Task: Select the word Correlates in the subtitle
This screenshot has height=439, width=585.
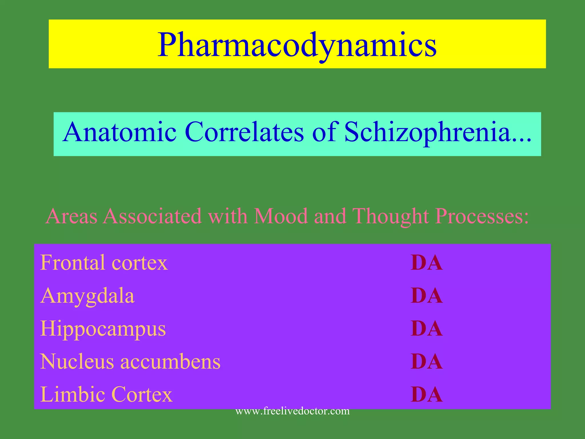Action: tap(245, 132)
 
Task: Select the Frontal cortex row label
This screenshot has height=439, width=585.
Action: tap(104, 262)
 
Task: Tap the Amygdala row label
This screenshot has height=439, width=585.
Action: tap(87, 296)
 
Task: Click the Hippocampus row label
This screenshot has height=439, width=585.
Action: tap(103, 329)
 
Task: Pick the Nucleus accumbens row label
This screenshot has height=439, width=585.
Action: tap(130, 362)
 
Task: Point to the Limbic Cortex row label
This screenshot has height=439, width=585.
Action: tap(106, 394)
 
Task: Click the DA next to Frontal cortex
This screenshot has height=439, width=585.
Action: tap(426, 263)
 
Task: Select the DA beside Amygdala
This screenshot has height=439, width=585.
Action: tap(426, 296)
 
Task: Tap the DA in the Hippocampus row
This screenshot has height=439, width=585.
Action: tap(426, 329)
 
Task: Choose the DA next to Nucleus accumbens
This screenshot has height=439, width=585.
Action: tap(426, 362)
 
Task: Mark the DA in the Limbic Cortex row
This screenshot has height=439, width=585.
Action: tap(426, 395)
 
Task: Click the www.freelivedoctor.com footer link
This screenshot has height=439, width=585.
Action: tap(292, 411)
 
